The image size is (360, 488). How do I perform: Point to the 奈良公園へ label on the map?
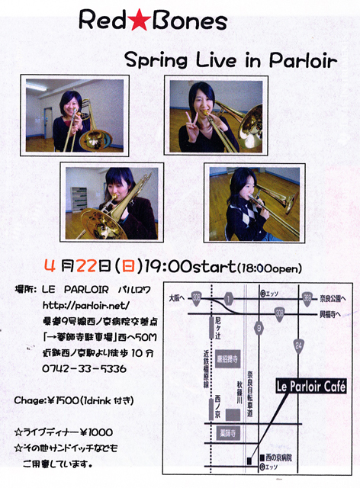[x=333, y=296]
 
